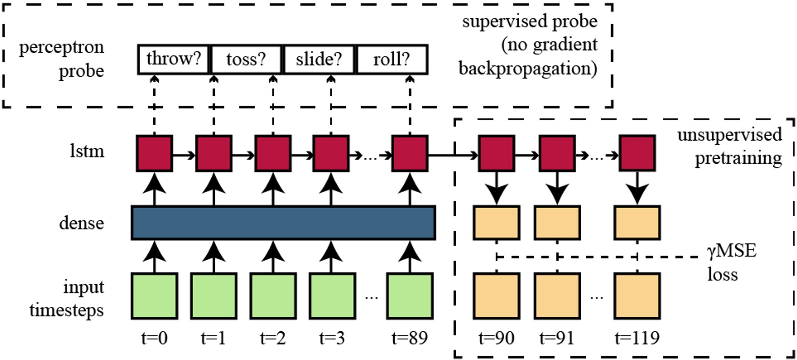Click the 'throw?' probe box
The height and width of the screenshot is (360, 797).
point(173,59)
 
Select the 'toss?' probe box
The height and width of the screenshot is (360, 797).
point(246,59)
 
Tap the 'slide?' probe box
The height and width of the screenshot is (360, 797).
point(319,59)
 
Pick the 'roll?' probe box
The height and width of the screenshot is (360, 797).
point(392,59)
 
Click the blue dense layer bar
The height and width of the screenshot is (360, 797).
point(283,222)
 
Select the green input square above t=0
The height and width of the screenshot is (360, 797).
point(154,296)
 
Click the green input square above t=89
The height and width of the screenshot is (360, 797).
point(409,296)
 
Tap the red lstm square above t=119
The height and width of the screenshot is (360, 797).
point(637,153)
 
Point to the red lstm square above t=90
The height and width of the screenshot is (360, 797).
point(497,153)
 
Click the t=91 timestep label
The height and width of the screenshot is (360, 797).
point(557,338)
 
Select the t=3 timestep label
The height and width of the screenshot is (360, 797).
point(332,338)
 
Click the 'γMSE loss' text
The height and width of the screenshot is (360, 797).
point(731,262)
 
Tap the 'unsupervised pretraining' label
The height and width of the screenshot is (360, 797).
point(729,146)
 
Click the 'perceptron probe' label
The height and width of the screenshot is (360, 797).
point(62,58)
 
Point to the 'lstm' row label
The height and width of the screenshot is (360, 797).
point(87,151)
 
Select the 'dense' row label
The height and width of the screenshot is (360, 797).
point(82,223)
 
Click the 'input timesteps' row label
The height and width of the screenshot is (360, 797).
point(67,298)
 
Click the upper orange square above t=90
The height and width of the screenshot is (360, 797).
point(497,222)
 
